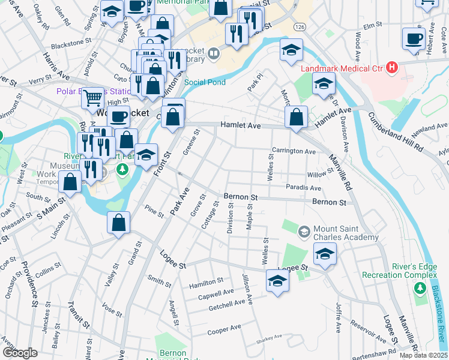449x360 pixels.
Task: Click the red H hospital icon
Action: pos(393,66)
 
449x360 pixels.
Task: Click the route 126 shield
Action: pos(300,28)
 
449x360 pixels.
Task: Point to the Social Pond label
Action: pos(205,82)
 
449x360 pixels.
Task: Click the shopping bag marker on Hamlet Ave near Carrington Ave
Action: pos(297,118)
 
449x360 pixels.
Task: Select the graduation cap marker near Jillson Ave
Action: pos(277,281)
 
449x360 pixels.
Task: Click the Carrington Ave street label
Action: pos(294,152)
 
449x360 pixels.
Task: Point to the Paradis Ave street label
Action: pos(303,188)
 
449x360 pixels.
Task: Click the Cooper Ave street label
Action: pos(224,329)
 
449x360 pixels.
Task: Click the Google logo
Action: pos(20,353)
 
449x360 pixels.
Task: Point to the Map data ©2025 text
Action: pos(424,355)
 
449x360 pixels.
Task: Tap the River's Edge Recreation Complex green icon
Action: pos(419,289)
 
